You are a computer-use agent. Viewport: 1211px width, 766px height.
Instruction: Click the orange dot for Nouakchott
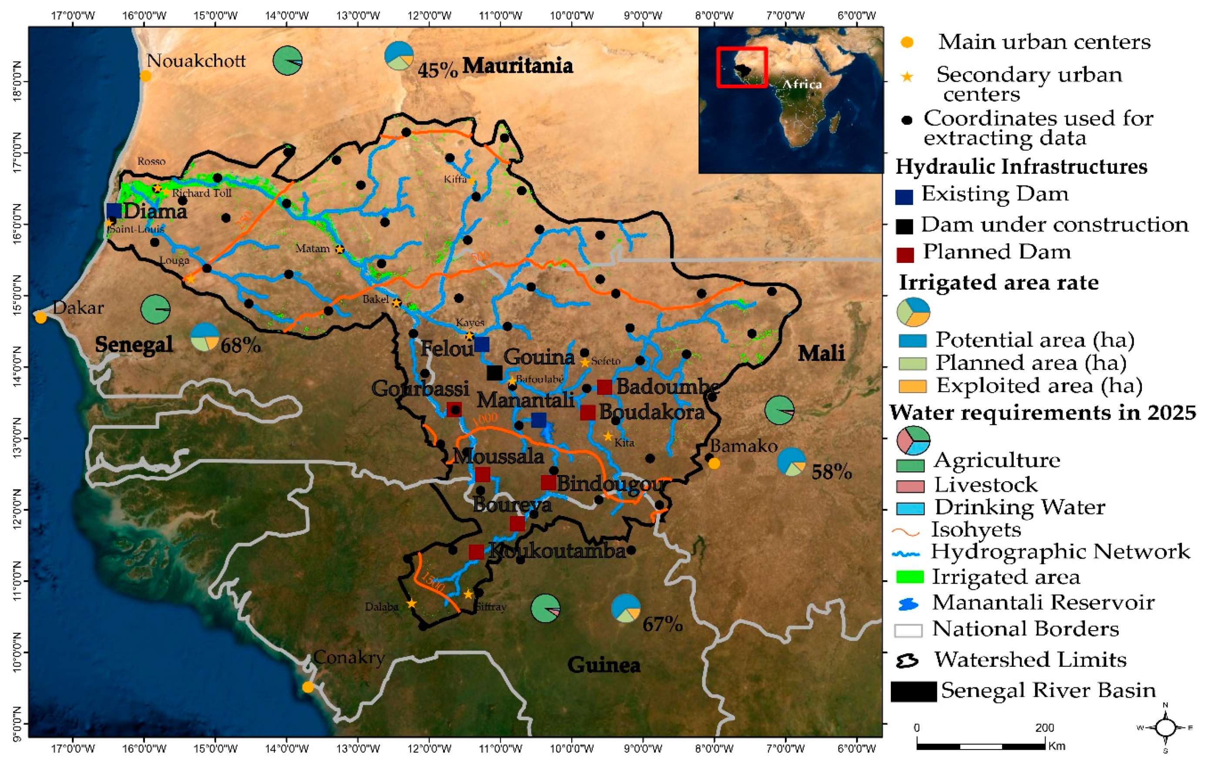tap(145, 76)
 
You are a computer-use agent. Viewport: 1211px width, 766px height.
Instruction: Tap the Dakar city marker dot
tap(41, 317)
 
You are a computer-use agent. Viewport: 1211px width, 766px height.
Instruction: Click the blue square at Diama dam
tap(114, 210)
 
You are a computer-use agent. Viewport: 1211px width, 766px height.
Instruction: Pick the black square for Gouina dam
tap(494, 373)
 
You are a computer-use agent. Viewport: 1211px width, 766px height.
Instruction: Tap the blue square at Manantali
tap(539, 420)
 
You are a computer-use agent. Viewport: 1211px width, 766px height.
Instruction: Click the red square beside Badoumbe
tap(604, 387)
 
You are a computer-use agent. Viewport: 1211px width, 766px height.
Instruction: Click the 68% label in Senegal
tap(240, 346)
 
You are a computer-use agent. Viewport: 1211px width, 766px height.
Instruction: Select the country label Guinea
tap(604, 665)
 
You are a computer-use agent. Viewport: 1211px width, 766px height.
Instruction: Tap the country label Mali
tap(821, 353)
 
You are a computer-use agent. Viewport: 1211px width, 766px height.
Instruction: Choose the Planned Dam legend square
tap(904, 255)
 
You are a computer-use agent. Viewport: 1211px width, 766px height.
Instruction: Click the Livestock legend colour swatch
tap(910, 486)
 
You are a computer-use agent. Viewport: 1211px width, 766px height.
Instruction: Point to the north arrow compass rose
tap(1165, 727)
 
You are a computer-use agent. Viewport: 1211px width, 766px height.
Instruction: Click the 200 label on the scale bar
tap(1044, 727)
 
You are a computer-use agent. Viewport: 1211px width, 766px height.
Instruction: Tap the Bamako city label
tap(743, 446)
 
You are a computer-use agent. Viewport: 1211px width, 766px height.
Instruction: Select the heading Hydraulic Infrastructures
tap(1021, 167)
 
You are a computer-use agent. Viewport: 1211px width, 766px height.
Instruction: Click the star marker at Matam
tap(339, 249)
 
